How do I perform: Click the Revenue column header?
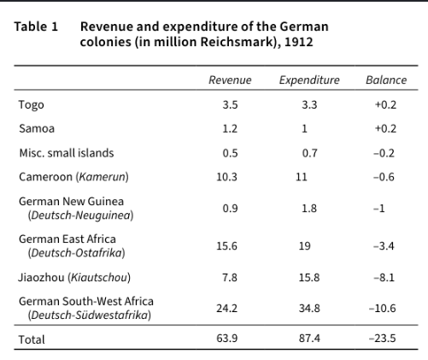230,80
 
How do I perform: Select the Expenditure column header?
309,80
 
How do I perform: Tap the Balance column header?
386,80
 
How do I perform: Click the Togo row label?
32,105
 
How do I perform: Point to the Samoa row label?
37,128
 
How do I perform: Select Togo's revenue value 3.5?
230,105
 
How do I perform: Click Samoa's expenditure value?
304,128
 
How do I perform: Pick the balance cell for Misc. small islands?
384,153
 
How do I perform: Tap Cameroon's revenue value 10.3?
226,177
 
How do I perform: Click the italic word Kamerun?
102,177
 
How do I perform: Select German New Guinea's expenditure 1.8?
309,209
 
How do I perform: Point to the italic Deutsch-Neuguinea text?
80,215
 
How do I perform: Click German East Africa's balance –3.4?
384,246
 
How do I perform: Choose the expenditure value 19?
304,246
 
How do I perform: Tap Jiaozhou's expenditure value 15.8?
309,277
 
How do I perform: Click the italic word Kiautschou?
99,277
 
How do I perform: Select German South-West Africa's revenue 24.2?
226,308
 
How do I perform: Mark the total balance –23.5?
382,339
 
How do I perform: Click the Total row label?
32,339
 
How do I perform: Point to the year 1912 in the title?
299,42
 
